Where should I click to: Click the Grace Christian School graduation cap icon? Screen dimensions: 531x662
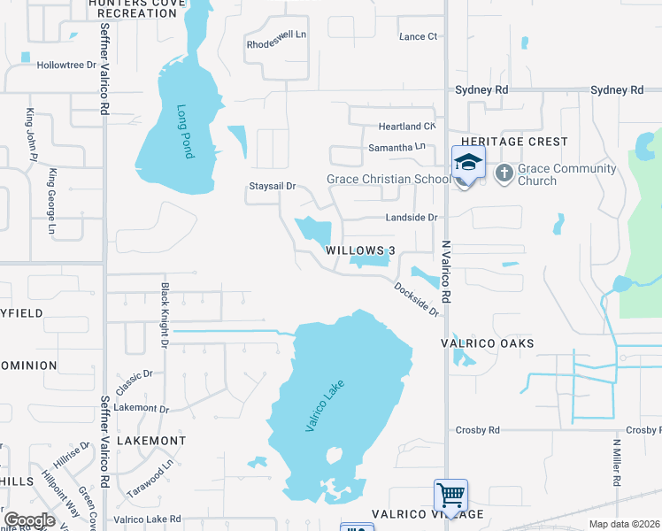coord(467,163)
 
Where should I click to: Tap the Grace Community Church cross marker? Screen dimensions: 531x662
coord(504,173)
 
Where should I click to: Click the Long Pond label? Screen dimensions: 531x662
coord(184,132)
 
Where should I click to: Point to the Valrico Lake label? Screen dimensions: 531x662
coord(324,405)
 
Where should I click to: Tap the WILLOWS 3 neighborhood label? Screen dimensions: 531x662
coord(359,250)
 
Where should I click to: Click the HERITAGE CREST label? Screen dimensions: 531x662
coord(513,142)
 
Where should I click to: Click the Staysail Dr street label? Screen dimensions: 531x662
coord(271,187)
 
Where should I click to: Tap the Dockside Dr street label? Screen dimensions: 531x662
coord(417,298)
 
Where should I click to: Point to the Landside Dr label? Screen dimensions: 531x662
coord(412,218)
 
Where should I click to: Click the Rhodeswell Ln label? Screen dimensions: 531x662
coord(276,43)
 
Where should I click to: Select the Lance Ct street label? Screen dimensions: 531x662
coord(419,36)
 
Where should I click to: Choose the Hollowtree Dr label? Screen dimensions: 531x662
coord(66,65)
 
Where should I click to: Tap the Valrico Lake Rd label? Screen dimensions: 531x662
coord(147,519)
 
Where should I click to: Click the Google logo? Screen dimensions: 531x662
coord(30,519)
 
